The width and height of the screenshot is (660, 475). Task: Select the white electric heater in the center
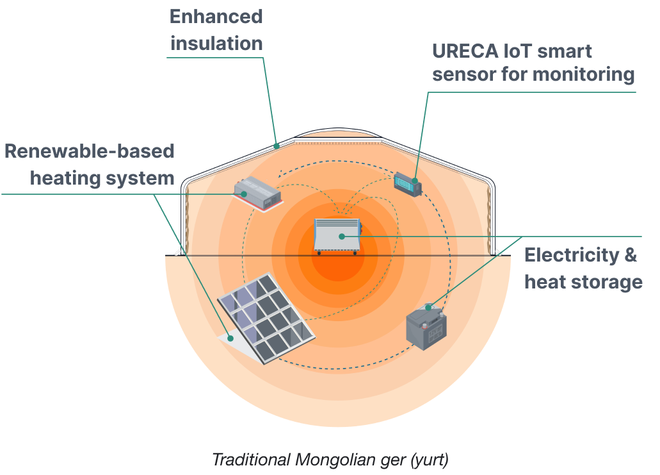click(337, 235)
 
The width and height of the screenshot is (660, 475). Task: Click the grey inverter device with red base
click(258, 191)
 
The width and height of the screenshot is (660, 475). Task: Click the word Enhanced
click(216, 17)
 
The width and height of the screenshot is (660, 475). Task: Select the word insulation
click(216, 44)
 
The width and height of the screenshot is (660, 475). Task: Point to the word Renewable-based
click(90, 151)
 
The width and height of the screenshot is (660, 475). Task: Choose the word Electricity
click(570, 255)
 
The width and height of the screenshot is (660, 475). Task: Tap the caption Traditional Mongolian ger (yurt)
click(330, 460)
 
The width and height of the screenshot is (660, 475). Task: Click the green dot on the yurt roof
click(277, 146)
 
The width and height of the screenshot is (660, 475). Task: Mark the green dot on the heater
click(342, 237)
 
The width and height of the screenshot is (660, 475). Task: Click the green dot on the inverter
click(244, 194)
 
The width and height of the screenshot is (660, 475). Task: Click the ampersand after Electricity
click(631, 255)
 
